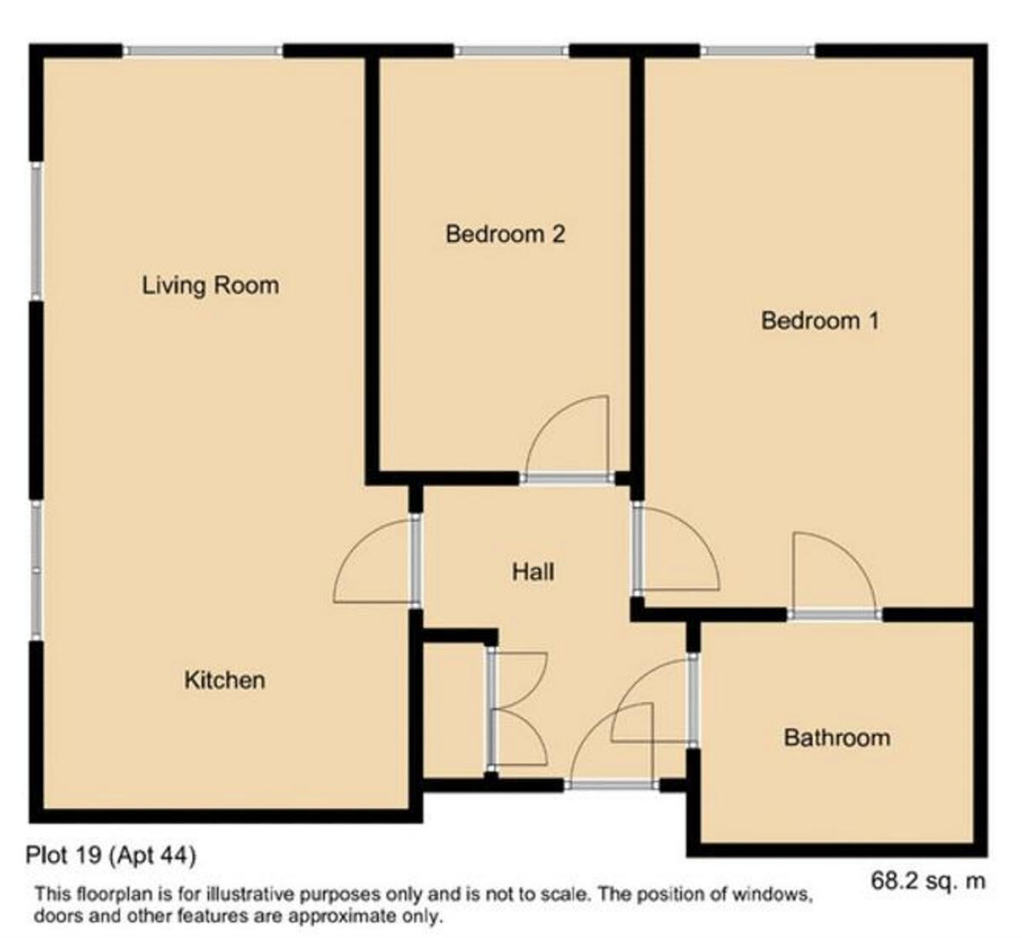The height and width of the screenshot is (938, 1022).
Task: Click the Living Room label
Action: (210, 285)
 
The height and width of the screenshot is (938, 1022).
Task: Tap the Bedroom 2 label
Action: (505, 234)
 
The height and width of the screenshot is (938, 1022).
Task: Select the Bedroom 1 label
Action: (820, 321)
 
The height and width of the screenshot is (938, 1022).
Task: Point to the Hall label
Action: (533, 572)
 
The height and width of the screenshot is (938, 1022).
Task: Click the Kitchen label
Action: (225, 681)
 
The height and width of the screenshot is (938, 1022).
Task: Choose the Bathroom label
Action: (837, 738)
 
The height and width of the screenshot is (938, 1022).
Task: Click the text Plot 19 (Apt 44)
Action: (111, 855)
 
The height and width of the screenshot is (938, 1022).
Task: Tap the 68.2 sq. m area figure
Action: (928, 880)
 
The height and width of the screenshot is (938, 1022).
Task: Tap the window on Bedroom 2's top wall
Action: (511, 50)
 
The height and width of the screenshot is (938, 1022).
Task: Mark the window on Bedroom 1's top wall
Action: (757, 50)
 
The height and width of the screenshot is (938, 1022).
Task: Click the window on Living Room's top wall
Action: (202, 50)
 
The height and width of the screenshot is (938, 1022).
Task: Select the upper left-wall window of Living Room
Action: (36, 231)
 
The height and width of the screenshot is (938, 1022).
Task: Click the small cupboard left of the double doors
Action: (453, 711)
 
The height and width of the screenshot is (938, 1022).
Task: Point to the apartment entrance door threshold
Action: (611, 785)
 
